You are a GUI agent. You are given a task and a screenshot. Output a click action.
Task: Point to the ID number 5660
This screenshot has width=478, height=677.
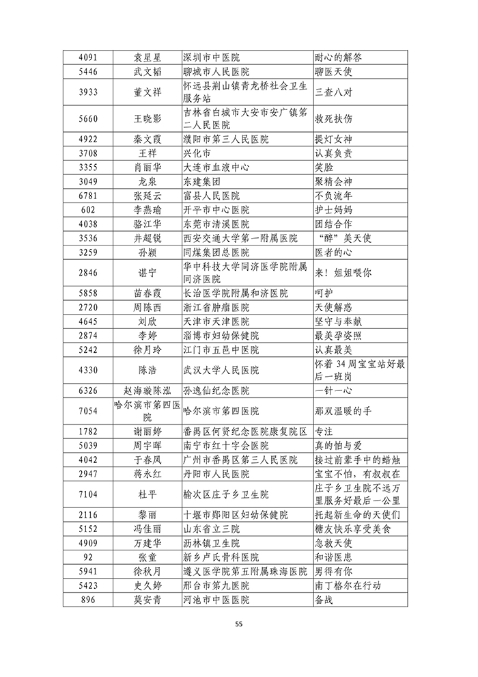click(87, 118)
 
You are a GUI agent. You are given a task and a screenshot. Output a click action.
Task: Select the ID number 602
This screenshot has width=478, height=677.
click(87, 209)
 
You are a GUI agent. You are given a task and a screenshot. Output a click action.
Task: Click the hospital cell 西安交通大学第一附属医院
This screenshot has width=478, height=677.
click(241, 238)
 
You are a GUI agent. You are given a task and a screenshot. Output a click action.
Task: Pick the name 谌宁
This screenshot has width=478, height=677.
click(147, 271)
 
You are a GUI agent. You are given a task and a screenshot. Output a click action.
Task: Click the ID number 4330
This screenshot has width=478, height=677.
click(87, 370)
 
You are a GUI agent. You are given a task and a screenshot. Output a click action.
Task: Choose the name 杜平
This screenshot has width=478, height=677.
click(147, 494)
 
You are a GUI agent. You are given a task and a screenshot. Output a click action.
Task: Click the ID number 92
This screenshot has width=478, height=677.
click(87, 557)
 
